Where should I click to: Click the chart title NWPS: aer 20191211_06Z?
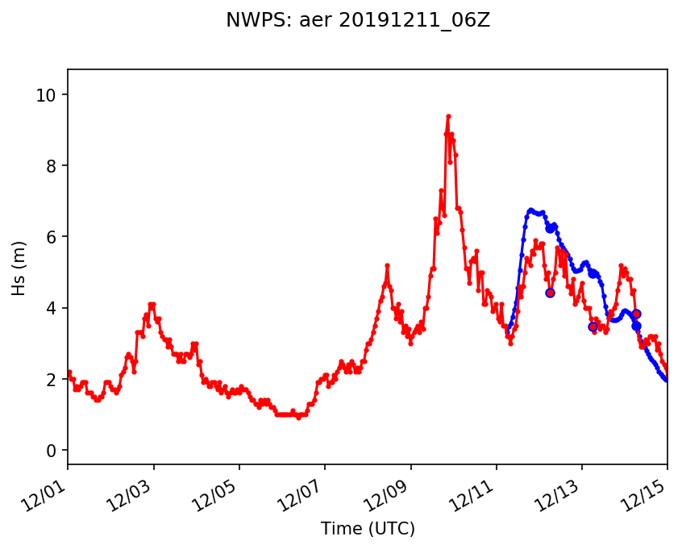pos(358,20)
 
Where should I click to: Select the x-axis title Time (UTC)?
pos(368,529)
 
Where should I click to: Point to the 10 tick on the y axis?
pos(45,95)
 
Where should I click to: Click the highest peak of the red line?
pos(448,116)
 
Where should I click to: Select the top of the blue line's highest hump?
pos(530,210)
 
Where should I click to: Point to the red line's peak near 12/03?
pos(152,304)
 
